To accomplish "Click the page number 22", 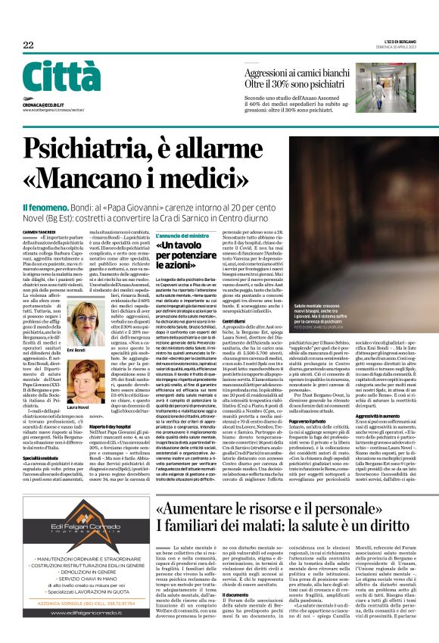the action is (x=28, y=45).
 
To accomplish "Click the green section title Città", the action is (x=51, y=78).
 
